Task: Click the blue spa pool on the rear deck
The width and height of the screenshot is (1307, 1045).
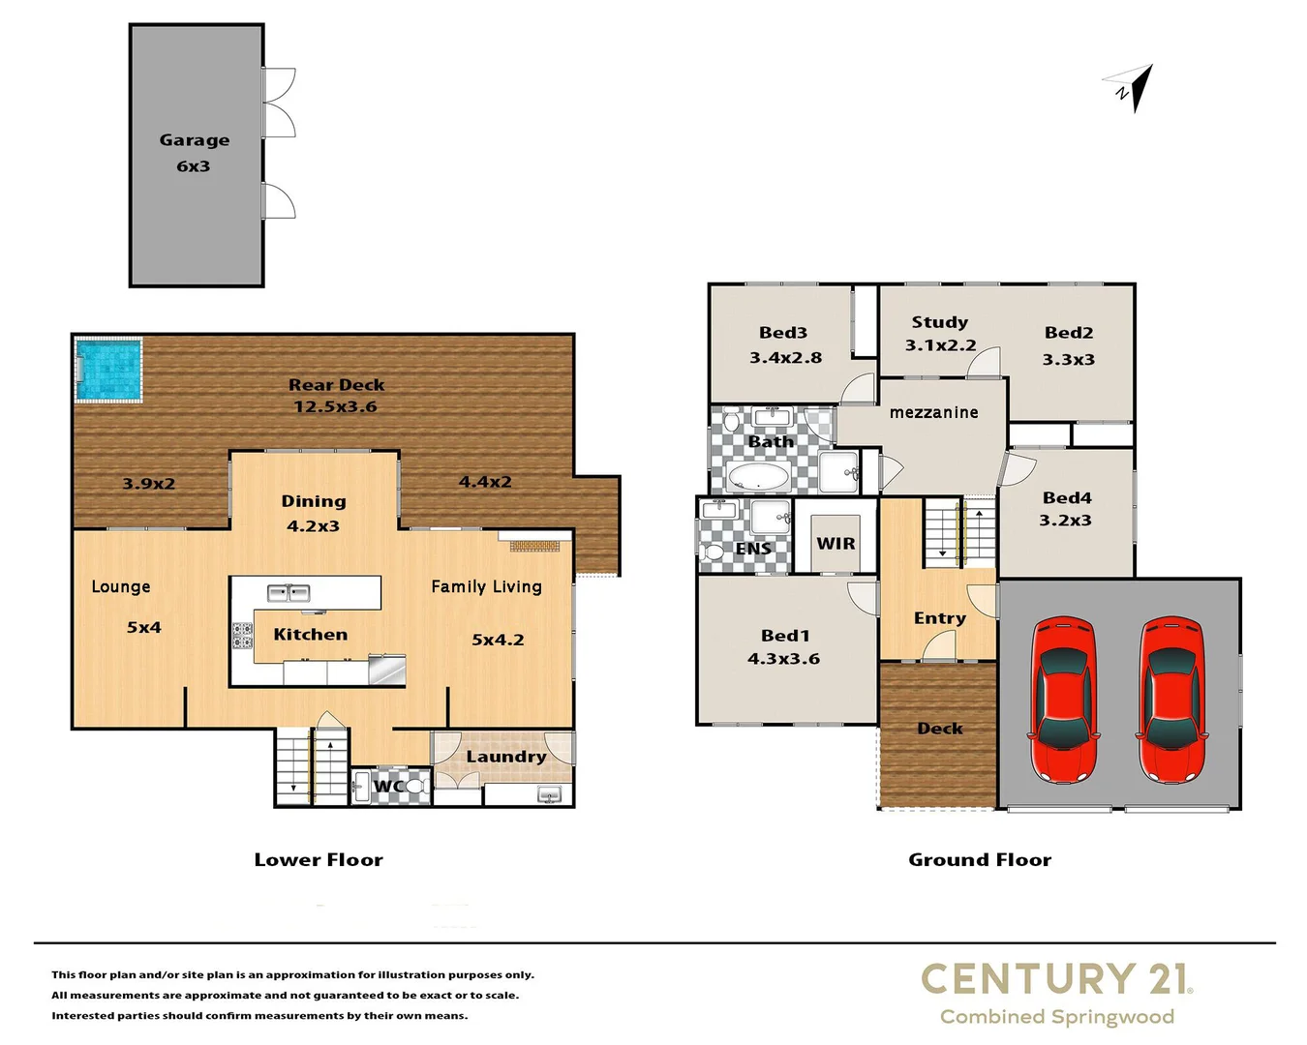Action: pyautogui.click(x=108, y=369)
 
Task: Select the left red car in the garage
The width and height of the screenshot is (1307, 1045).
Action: pyautogui.click(x=1063, y=699)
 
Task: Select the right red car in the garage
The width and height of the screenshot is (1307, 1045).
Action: pyautogui.click(x=1171, y=699)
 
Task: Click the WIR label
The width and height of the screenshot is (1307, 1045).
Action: pyautogui.click(x=836, y=544)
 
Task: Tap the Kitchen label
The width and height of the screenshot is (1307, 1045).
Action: pyautogui.click(x=310, y=635)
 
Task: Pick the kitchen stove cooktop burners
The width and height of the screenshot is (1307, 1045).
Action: pyautogui.click(x=241, y=636)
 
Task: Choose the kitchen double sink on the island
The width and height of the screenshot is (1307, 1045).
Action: pyautogui.click(x=289, y=592)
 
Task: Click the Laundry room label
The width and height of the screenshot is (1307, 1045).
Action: pyautogui.click(x=506, y=757)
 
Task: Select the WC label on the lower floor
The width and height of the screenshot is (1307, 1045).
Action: pyautogui.click(x=389, y=786)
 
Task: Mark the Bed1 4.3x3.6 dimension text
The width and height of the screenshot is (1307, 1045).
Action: pyautogui.click(x=783, y=659)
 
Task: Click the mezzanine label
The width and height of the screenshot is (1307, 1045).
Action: pyautogui.click(x=933, y=413)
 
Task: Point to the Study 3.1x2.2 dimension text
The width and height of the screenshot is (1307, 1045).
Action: pyautogui.click(x=940, y=345)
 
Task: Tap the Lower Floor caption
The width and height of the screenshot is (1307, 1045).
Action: pyautogui.click(x=319, y=859)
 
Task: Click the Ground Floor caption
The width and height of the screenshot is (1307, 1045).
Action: pyautogui.click(x=979, y=859)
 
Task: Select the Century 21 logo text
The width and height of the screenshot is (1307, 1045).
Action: pyautogui.click(x=1055, y=979)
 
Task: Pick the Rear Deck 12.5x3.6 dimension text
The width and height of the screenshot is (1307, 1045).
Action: pyautogui.click(x=335, y=407)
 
